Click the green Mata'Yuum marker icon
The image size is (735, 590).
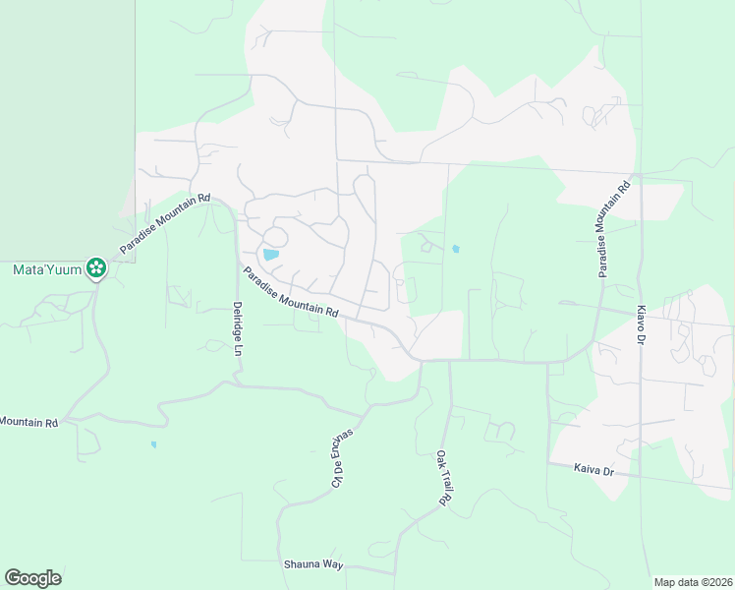tap(95, 266)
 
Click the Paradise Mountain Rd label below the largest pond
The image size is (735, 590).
tap(291, 294)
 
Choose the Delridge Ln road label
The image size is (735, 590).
tap(237, 329)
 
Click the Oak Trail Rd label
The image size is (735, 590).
tap(443, 479)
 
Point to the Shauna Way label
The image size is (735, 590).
tap(313, 564)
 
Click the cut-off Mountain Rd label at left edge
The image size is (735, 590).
tap(29, 422)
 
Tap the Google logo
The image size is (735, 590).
tap(32, 578)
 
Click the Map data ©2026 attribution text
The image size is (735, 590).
tap(692, 582)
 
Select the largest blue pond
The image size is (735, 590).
tap(270, 255)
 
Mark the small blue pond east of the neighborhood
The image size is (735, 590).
tap(455, 249)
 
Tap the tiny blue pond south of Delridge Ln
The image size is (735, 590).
tap(153, 444)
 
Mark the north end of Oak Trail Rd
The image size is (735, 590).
tap(450, 363)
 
